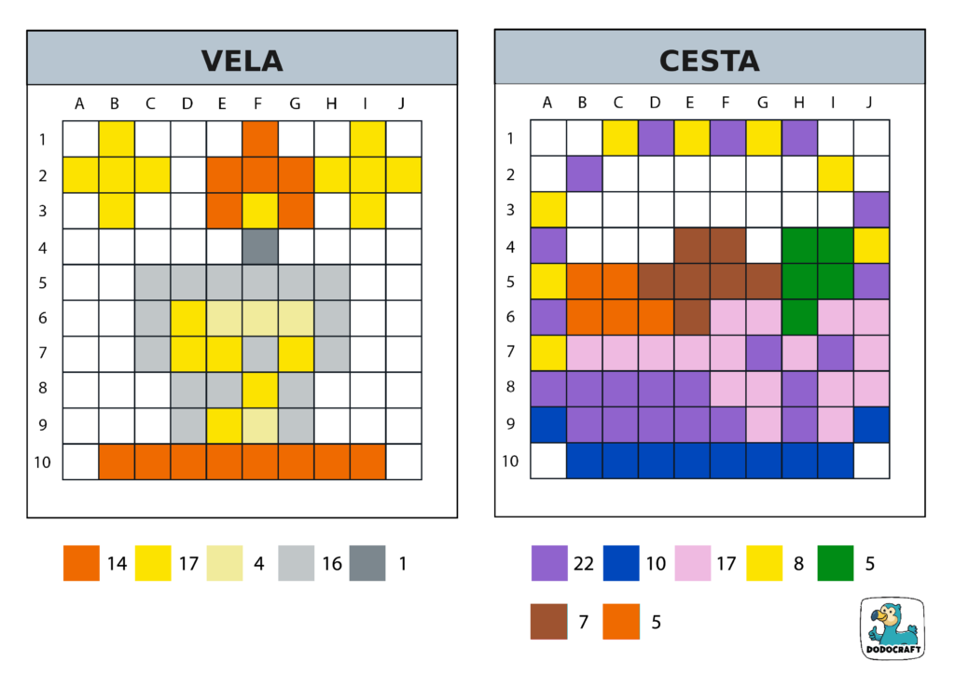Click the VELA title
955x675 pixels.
click(242, 61)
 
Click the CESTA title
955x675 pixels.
click(709, 61)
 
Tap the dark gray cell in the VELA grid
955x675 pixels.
click(260, 246)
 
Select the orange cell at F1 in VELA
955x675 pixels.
click(260, 139)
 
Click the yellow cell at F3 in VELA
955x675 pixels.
click(260, 211)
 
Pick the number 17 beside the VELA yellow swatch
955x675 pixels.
click(188, 563)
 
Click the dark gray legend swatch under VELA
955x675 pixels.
click(367, 563)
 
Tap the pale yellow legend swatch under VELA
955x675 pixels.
click(225, 563)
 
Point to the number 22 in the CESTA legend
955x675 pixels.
click(584, 563)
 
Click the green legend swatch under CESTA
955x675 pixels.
click(835, 563)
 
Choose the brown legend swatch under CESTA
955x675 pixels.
click(548, 621)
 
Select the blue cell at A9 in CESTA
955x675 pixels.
click(548, 425)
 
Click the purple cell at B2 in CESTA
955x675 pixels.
click(584, 174)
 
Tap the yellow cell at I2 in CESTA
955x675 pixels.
click(836, 174)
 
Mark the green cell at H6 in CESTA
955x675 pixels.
click(799, 318)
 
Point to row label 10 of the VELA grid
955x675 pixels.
click(43, 461)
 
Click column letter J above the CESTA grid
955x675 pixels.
click(870, 103)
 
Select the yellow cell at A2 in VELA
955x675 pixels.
click(81, 174)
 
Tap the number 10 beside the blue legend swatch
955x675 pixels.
click(656, 563)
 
